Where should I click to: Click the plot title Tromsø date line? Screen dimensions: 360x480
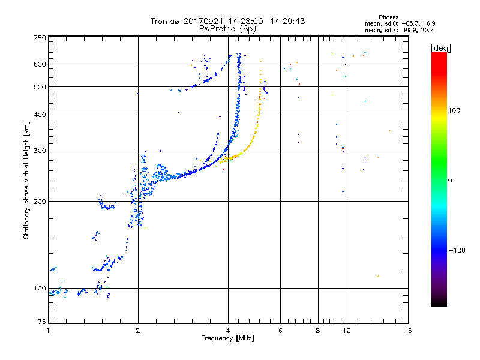(x=227, y=21)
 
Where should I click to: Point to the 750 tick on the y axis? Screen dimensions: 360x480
(x=40, y=37)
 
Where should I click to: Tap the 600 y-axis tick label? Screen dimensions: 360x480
(x=40, y=64)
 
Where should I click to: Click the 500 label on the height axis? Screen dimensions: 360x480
(x=40, y=87)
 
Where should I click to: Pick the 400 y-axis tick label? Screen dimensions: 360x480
(x=40, y=115)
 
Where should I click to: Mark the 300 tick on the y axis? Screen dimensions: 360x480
(x=40, y=151)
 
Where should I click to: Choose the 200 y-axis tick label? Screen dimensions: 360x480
(x=40, y=201)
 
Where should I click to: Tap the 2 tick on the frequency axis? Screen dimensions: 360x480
(x=138, y=331)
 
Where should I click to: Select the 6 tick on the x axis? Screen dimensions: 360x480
(x=281, y=331)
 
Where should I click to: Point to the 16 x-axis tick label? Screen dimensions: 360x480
(x=407, y=331)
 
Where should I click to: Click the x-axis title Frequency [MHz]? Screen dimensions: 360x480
(x=227, y=339)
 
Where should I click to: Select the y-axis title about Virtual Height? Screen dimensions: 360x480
(x=26, y=180)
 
